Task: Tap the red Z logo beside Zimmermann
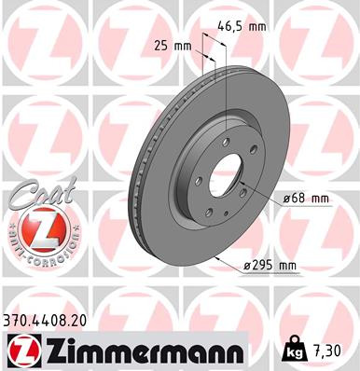(21, 350)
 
